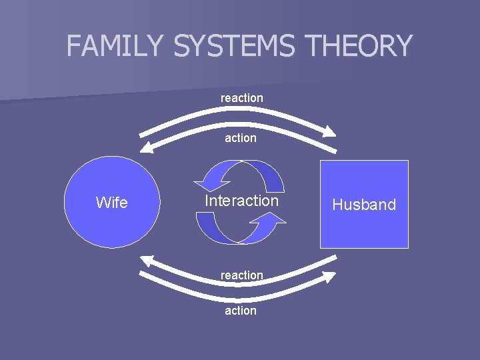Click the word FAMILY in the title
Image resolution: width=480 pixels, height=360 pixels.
tap(115, 46)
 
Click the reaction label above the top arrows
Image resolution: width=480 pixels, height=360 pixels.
tap(242, 98)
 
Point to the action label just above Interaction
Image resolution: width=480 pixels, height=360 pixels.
tap(241, 138)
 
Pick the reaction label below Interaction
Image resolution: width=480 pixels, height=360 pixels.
tap(242, 275)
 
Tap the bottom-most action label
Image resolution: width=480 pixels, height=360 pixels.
tap(241, 311)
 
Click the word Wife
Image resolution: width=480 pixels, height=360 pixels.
tap(112, 203)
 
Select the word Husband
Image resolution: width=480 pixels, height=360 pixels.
tap(364, 205)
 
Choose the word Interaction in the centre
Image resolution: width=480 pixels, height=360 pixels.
tap(241, 201)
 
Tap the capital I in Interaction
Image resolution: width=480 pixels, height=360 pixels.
tap(207, 201)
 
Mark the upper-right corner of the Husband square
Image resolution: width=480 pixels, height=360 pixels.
tap(407, 161)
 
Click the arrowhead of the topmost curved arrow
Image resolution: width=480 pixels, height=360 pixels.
tap(329, 131)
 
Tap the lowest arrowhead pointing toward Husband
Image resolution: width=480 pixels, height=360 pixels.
tap(329, 276)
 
